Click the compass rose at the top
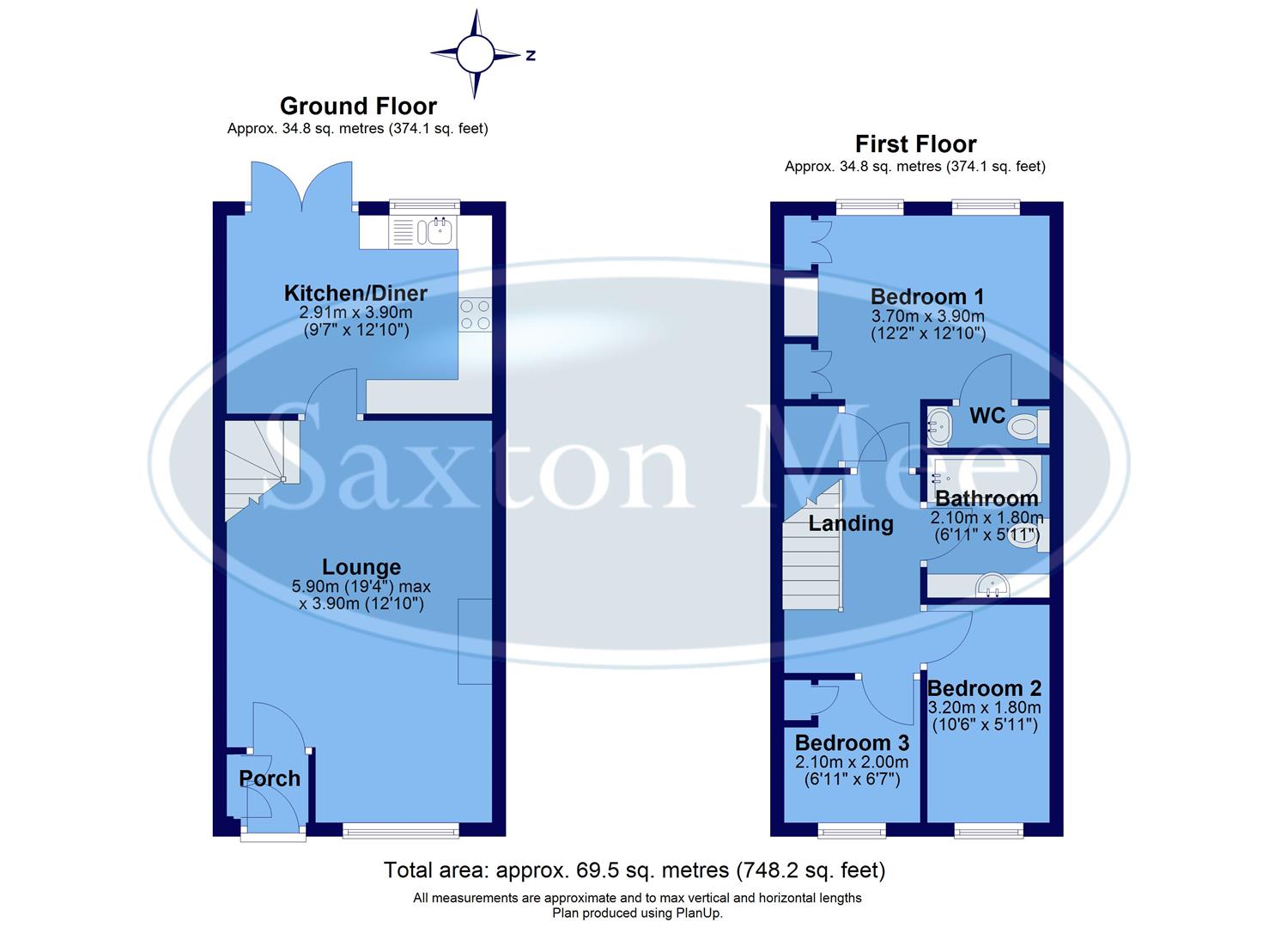[475, 54]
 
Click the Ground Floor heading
[358, 106]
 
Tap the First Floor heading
[915, 143]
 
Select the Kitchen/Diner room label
[355, 293]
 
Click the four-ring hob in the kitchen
[475, 314]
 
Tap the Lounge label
[361, 567]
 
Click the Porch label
[270, 778]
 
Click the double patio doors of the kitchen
[301, 186]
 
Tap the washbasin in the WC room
[938, 425]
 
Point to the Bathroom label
[987, 498]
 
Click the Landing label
[850, 523]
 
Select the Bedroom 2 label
[984, 688]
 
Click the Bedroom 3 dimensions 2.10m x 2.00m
[851, 762]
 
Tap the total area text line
[634, 870]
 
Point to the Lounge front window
[399, 829]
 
